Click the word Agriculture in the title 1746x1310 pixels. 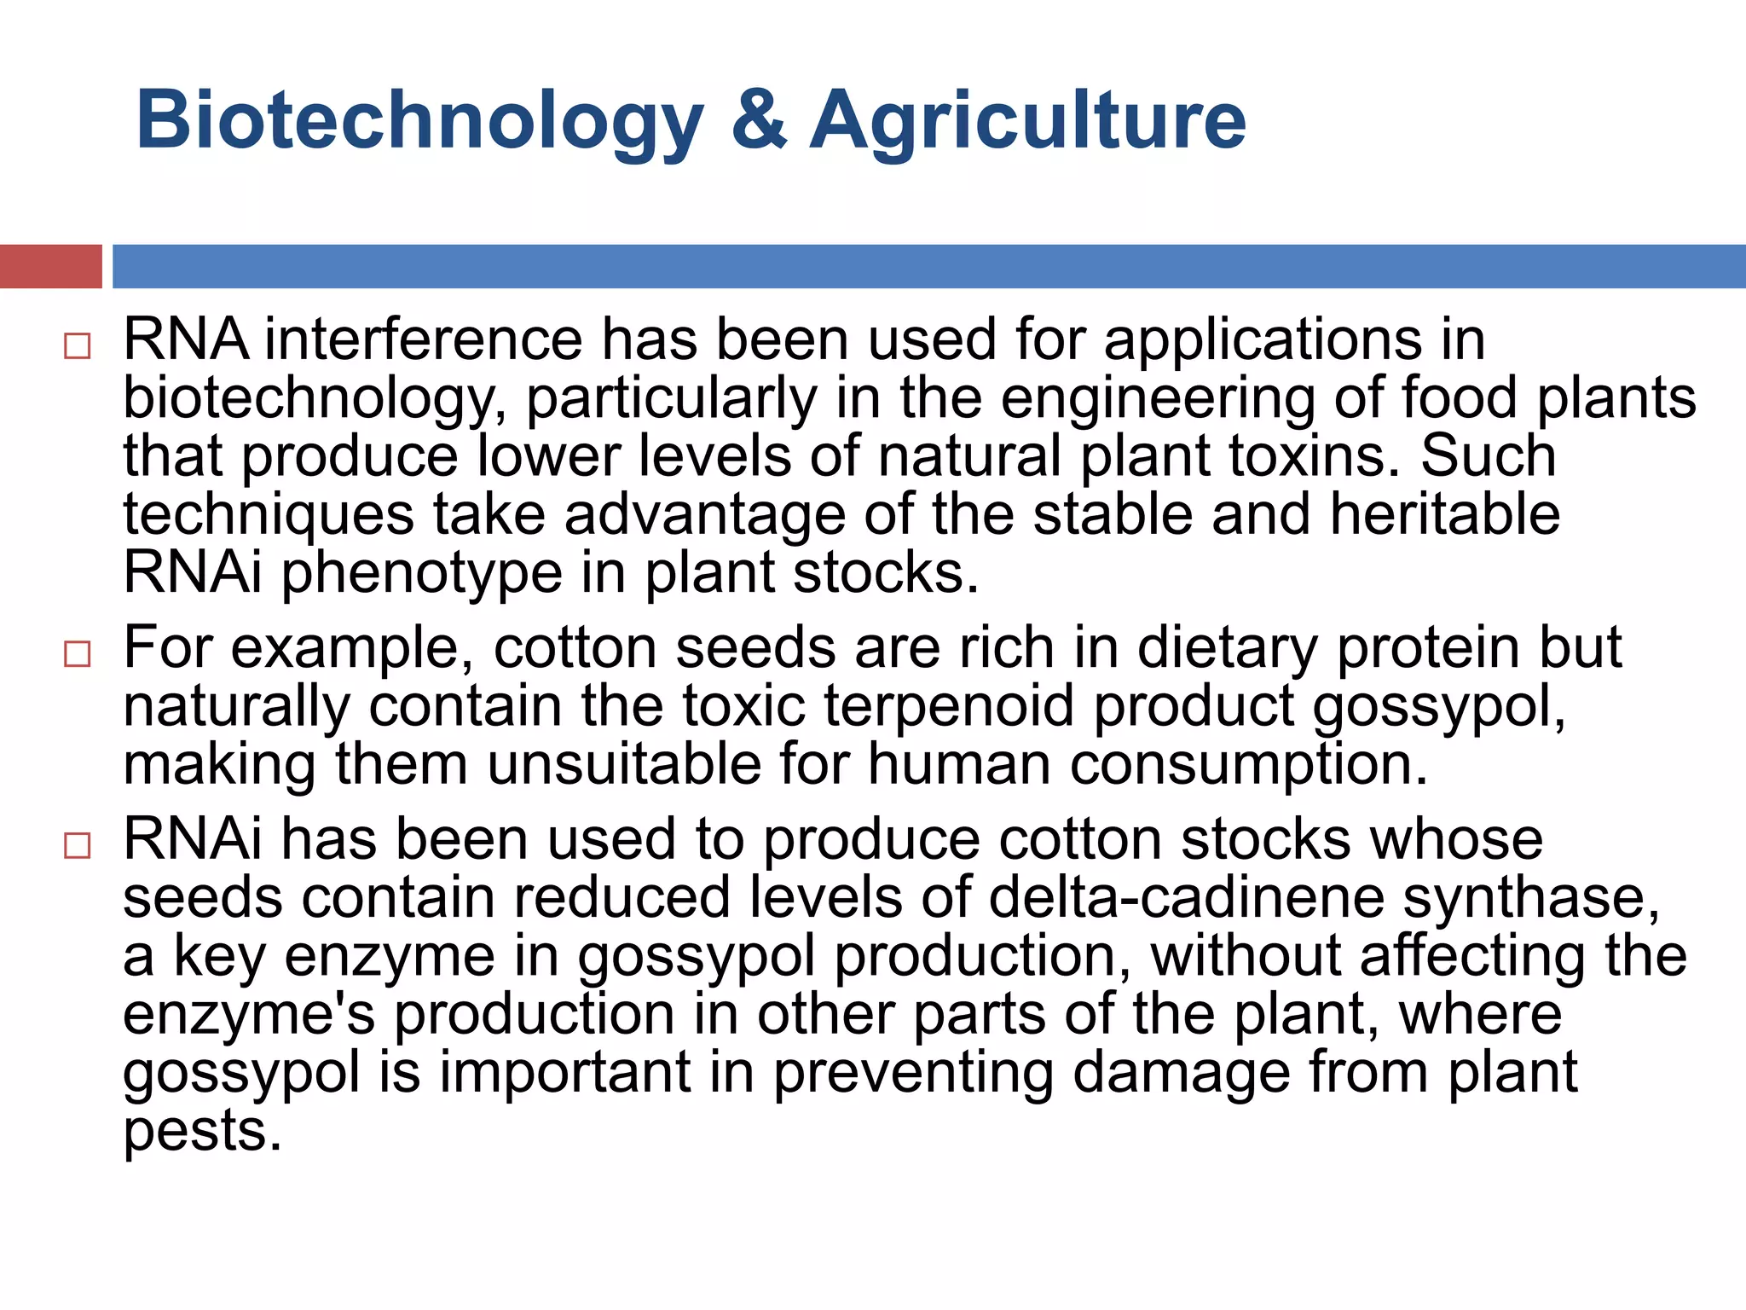point(1027,121)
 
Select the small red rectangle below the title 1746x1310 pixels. point(50,266)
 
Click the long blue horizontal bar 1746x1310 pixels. point(928,266)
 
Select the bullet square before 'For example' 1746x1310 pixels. point(77,654)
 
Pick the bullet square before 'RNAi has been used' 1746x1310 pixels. point(77,846)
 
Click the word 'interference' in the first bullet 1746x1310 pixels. point(423,339)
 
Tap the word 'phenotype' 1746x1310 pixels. point(422,573)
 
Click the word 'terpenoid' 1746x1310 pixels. point(949,707)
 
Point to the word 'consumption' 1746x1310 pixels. point(1248,764)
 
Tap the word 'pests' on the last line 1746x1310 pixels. point(202,1131)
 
